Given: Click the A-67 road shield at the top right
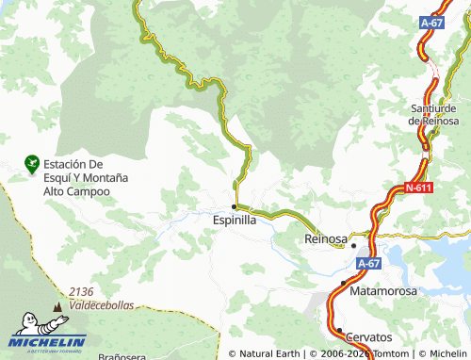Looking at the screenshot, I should coord(431,23).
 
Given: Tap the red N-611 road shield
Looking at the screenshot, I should coord(419,188).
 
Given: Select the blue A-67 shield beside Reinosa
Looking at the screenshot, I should coord(370,266).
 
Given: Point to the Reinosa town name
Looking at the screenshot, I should coord(327,239).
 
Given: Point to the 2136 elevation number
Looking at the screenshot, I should coord(82,292).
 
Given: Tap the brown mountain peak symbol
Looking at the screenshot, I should coord(59,307).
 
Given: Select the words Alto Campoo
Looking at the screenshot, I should coord(76,190).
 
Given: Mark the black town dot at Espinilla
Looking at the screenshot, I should coord(234,205).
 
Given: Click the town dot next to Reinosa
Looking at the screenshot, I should coord(354,246).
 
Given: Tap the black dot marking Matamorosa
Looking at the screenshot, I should coord(343,282).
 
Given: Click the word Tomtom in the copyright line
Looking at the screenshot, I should coord(387,353).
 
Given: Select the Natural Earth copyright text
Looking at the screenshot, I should coord(266,353).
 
